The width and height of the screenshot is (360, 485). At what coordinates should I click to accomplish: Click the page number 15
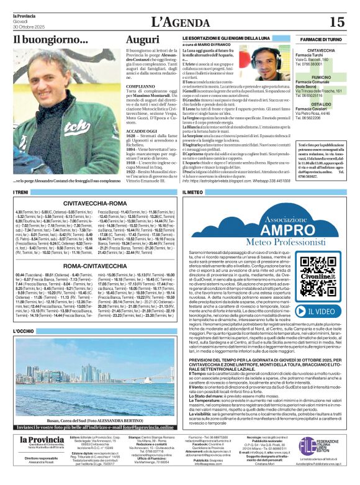click(338, 22)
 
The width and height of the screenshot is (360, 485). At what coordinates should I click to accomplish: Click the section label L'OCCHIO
click(25, 331)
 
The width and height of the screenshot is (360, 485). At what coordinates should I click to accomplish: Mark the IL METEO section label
click(192, 194)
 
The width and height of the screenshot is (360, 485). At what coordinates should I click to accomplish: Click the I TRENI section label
click(22, 194)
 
